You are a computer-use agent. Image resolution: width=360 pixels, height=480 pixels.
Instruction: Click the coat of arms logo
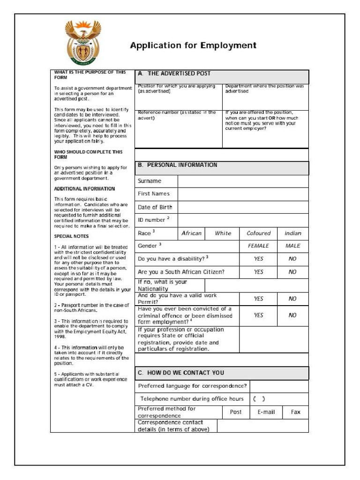click(x=83, y=43)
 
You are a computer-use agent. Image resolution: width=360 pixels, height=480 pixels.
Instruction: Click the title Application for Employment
click(x=193, y=45)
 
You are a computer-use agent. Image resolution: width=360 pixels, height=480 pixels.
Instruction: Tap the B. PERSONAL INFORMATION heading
click(x=178, y=165)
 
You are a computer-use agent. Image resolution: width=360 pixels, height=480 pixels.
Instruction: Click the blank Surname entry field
click(x=243, y=181)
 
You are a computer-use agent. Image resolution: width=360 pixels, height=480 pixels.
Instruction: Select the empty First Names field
click(x=243, y=194)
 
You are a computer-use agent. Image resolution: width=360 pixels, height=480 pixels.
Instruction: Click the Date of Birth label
click(x=155, y=207)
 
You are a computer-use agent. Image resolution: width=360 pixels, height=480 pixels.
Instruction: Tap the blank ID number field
click(x=243, y=220)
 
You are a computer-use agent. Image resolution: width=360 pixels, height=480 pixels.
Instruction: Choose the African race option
click(x=191, y=233)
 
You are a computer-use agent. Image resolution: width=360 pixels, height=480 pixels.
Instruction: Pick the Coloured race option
click(x=258, y=233)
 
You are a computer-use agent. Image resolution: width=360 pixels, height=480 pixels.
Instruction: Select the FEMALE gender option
click(x=258, y=246)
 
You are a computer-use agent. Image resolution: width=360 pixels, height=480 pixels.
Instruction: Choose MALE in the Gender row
click(x=292, y=246)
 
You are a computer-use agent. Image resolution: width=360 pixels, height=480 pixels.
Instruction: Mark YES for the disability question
click(x=258, y=259)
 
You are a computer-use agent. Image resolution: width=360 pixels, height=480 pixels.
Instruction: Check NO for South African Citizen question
click(x=292, y=272)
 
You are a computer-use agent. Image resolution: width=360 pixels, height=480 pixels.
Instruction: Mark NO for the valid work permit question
click(x=292, y=299)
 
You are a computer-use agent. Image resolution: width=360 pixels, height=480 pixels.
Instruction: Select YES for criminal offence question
click(x=258, y=315)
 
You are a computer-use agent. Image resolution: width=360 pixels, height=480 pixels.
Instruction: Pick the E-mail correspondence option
click(x=266, y=412)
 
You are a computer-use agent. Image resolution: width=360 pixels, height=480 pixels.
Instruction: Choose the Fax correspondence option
click(x=295, y=412)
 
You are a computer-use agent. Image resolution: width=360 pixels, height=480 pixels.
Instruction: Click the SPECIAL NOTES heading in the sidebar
click(x=71, y=236)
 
